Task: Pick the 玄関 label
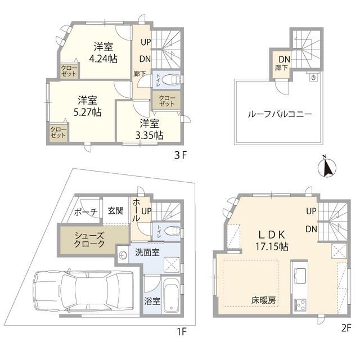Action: click(116, 211)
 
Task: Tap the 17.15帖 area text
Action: click(273, 246)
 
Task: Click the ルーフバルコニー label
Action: click(280, 114)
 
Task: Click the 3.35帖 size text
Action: click(149, 135)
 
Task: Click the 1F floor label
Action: click(181, 331)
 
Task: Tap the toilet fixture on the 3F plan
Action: click(173, 79)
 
